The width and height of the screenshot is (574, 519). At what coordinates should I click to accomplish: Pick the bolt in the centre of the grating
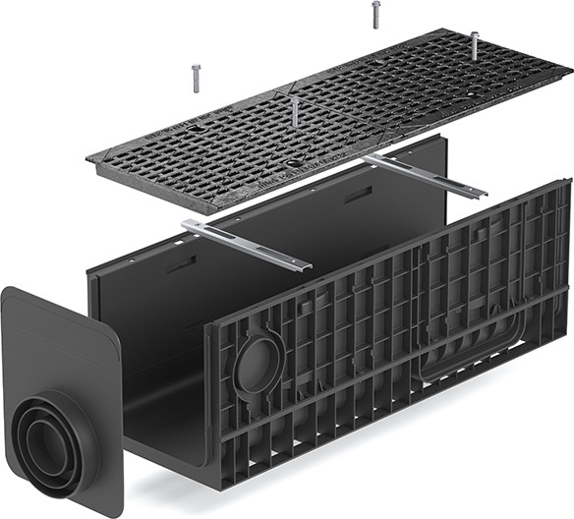(294, 110)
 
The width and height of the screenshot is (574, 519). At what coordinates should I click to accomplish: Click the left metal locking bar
(246, 245)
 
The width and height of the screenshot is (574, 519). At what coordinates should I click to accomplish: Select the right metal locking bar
(424, 174)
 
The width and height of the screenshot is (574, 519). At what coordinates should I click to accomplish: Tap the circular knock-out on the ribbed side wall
(258, 365)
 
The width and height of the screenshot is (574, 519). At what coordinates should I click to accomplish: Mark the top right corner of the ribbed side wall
(568, 182)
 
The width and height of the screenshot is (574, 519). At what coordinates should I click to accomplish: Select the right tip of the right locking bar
(485, 192)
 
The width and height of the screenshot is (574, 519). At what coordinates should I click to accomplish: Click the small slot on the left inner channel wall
(181, 264)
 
